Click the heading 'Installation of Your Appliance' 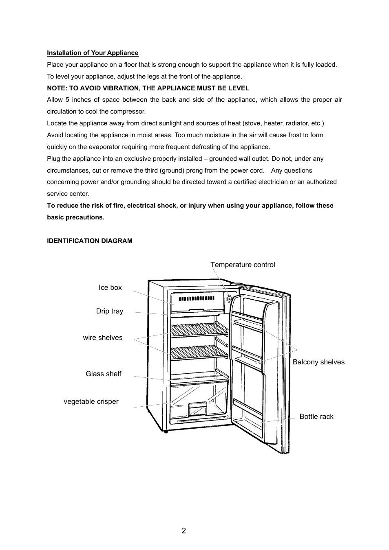(93, 53)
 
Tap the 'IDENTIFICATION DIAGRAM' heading (90, 241)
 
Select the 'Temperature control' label (243, 265)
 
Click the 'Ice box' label (110, 288)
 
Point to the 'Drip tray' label (110, 311)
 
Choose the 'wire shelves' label (103, 338)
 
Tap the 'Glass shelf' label (104, 374)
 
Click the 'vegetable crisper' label (91, 402)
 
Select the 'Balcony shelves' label (318, 362)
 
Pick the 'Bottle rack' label (316, 417)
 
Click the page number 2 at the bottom (184, 531)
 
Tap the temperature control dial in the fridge (229, 298)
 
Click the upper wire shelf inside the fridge (198, 329)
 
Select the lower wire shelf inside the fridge (198, 352)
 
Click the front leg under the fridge (166, 431)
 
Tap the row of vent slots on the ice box (197, 298)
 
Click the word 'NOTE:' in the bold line (56, 88)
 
